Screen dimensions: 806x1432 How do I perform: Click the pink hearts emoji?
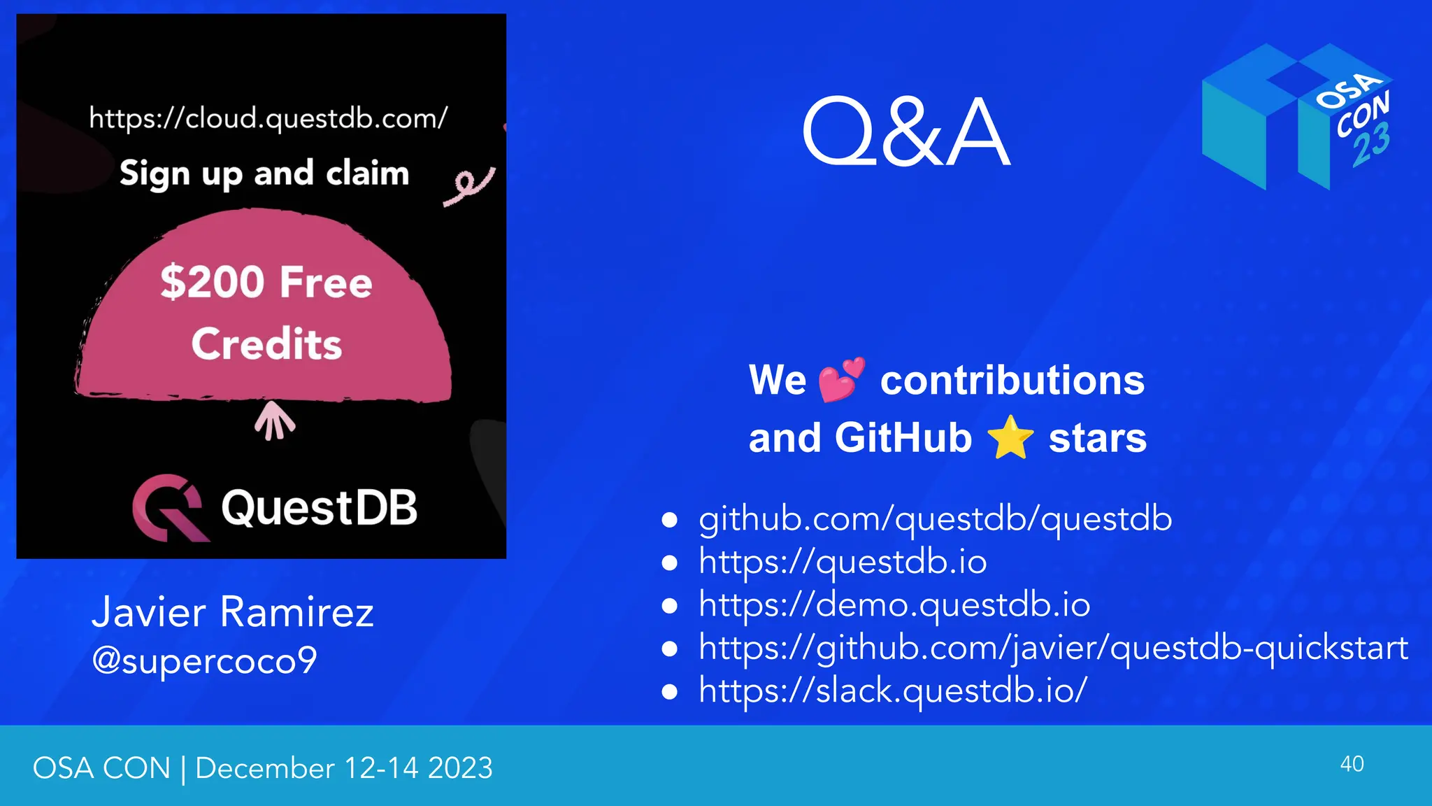[x=841, y=380]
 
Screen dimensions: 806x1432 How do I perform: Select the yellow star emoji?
[x=1010, y=437]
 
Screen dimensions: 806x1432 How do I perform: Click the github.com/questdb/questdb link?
[x=935, y=519]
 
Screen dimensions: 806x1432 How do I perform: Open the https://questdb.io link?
[x=843, y=562]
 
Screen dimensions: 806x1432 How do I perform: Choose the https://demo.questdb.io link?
[x=894, y=605]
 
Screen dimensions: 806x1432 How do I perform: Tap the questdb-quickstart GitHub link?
[x=1053, y=648]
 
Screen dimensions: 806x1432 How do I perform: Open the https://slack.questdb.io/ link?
[x=893, y=691]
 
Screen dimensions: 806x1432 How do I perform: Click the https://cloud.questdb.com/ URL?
[x=268, y=118]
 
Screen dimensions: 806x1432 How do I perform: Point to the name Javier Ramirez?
[x=233, y=612]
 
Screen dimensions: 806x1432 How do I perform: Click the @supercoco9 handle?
[x=204, y=660]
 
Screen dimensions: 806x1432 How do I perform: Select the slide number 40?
[x=1352, y=764]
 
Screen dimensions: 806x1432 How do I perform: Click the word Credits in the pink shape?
[x=266, y=344]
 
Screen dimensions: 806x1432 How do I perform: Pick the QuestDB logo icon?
[x=169, y=508]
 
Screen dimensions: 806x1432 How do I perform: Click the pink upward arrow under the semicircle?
[x=274, y=420]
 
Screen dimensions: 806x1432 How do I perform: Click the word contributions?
[x=1012, y=381]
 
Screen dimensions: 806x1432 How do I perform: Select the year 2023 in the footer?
[x=460, y=768]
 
